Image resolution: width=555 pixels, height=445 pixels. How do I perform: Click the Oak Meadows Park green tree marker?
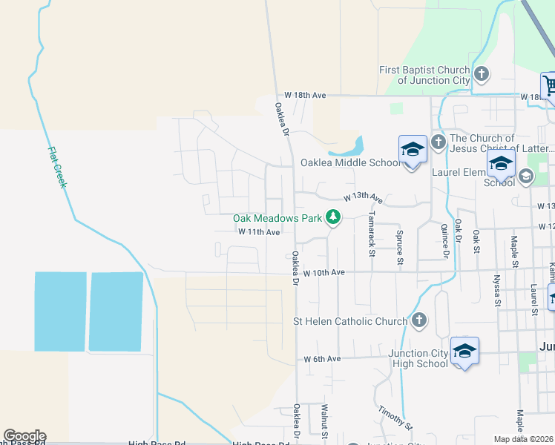pos(334,218)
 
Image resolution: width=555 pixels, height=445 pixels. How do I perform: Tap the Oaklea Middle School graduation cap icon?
pos(413,151)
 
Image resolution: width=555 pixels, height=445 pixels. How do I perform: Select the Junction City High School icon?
pos(464,351)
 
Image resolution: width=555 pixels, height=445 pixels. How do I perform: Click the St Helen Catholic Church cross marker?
pos(419,321)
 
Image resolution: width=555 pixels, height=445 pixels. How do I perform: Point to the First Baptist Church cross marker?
pos(482,74)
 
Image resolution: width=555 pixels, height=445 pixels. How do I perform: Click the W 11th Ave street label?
pos(258,232)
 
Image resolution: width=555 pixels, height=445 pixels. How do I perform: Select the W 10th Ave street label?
pos(324,273)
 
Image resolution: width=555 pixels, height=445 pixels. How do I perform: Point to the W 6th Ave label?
pos(322,359)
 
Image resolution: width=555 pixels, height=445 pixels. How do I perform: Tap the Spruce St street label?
pos(399,247)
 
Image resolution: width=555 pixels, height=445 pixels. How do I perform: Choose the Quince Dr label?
pos(446,242)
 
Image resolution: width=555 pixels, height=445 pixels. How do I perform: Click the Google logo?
pos(24,436)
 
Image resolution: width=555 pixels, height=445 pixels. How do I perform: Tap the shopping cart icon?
pos(550,86)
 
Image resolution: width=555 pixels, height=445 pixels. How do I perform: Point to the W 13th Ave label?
pos(362,199)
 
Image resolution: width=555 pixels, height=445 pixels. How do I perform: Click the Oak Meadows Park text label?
pos(277,218)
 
